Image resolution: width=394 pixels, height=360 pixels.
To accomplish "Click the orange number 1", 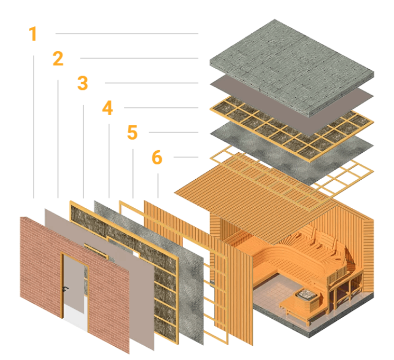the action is (x=33, y=34).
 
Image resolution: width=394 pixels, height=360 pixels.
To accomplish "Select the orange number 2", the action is (x=58, y=59).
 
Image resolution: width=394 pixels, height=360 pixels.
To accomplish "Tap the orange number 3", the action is (x=82, y=84).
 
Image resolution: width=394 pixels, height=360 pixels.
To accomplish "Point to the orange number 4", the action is (x=107, y=108).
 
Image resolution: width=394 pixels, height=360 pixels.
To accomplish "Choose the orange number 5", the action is (x=132, y=133).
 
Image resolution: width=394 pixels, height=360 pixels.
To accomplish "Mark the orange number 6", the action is (x=157, y=158).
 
